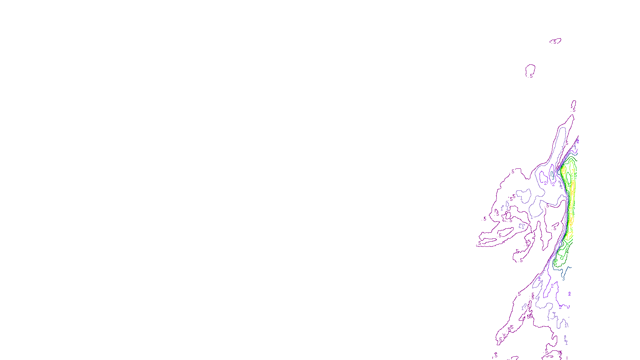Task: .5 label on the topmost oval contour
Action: (x=555, y=42)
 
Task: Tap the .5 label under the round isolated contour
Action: (x=531, y=76)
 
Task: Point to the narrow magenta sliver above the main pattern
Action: (x=574, y=104)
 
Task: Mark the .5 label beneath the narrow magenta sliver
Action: (x=574, y=110)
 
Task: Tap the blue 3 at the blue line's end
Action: (x=563, y=278)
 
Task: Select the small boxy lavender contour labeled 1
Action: (x=522, y=226)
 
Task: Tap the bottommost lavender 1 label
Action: (x=566, y=342)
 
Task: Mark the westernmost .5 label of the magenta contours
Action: (x=480, y=243)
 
